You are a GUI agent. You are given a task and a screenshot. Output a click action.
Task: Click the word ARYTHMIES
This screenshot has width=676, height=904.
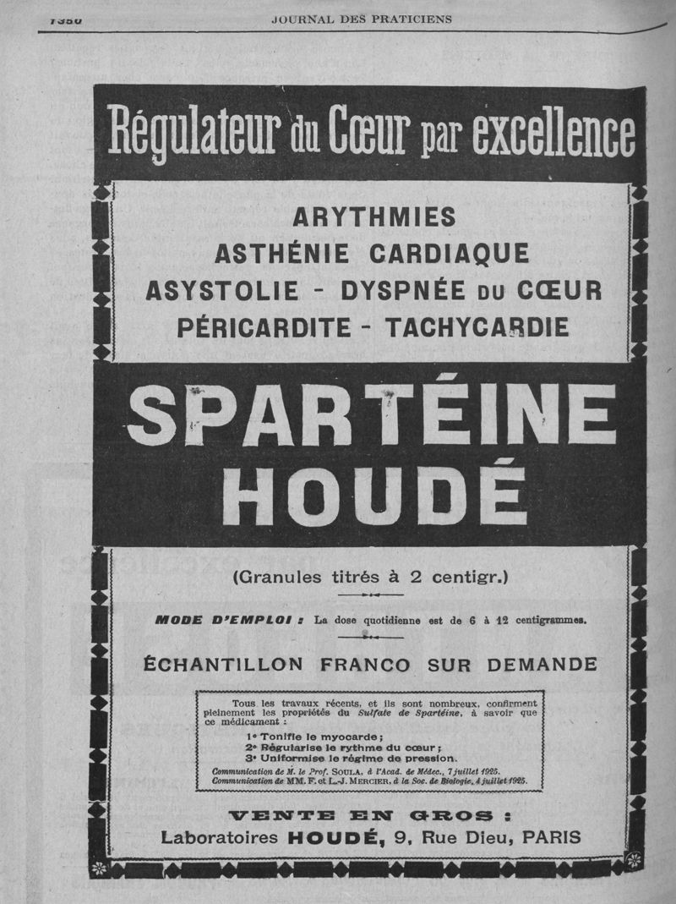(373, 217)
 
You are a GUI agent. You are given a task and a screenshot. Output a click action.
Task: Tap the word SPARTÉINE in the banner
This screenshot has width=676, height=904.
(373, 414)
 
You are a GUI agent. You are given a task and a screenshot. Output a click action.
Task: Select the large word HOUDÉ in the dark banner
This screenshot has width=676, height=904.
(371, 494)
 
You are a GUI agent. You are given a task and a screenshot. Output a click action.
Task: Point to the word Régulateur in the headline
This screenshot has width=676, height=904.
(195, 133)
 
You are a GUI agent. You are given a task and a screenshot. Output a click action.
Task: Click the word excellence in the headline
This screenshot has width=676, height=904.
(553, 133)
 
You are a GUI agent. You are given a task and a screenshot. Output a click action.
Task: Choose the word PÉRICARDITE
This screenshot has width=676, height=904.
(261, 326)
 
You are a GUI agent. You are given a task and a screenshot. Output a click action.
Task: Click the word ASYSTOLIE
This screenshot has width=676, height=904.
(222, 290)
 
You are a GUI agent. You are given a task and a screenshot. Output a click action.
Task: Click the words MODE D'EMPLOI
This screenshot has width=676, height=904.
(223, 620)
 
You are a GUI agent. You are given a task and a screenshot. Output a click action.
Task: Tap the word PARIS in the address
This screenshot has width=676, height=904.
(552, 837)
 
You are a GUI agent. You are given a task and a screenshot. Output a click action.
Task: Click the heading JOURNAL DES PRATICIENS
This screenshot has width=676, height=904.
(362, 19)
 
